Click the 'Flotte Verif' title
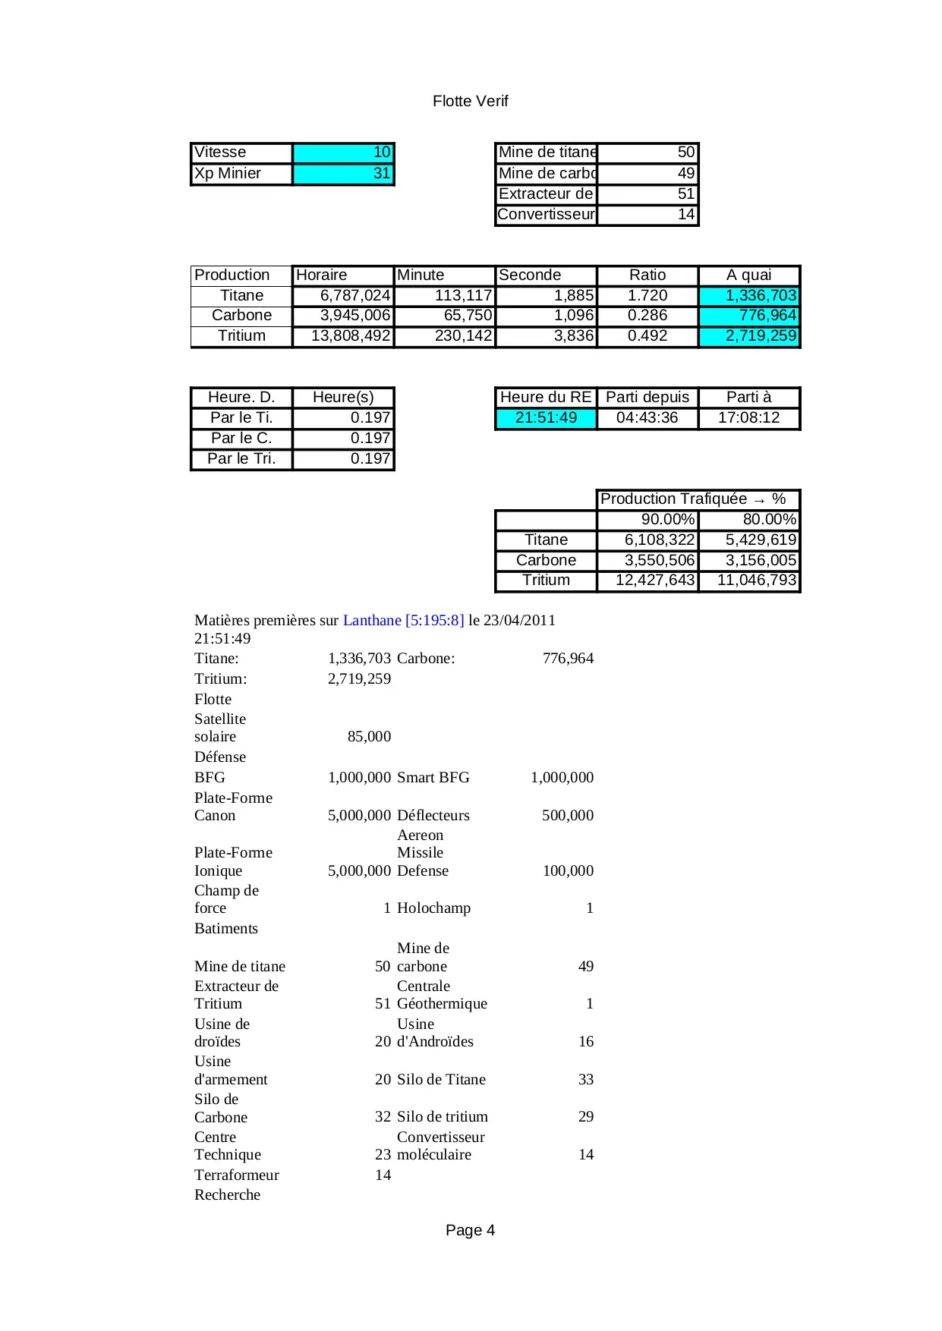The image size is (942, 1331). [x=470, y=101]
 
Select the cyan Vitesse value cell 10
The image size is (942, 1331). [x=343, y=153]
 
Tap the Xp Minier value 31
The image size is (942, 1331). [x=343, y=174]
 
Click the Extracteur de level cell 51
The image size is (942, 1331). [x=647, y=194]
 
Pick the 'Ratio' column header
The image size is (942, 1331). [x=647, y=275]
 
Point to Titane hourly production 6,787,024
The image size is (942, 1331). [x=344, y=296]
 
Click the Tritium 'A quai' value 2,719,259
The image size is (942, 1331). [x=749, y=336]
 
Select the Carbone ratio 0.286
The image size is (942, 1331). [x=647, y=316]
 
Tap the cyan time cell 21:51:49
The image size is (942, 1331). [x=546, y=418]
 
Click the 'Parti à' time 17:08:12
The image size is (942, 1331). [x=749, y=418]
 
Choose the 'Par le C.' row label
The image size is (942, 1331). [x=241, y=439]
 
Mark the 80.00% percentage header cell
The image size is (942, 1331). [x=749, y=520]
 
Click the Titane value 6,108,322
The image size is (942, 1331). [x=648, y=540]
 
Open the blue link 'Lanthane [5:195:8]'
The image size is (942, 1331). [x=403, y=621]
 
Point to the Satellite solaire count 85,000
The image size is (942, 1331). [x=369, y=737]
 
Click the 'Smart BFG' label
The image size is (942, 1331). [x=433, y=778]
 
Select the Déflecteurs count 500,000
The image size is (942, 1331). [x=567, y=816]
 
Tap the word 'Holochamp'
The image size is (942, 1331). [x=433, y=908]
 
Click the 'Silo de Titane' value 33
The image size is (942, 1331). [x=586, y=1080]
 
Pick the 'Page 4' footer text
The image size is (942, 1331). [x=470, y=1231]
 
